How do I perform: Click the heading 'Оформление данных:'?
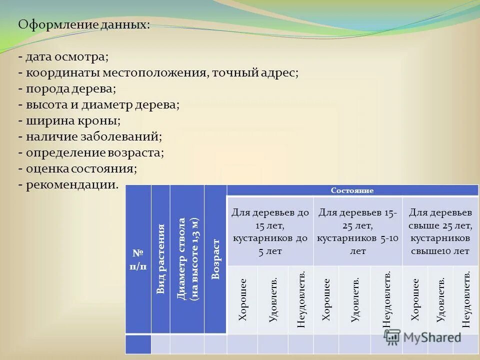[83, 24]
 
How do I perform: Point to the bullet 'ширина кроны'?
[69, 120]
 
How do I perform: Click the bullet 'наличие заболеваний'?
[90, 136]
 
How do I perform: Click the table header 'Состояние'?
[352, 190]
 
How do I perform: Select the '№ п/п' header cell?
[138, 259]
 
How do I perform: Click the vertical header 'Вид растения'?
[160, 259]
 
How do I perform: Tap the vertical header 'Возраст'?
[215, 259]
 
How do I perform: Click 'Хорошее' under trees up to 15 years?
[242, 299]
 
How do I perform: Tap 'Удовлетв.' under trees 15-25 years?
[354, 299]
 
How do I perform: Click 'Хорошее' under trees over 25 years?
[415, 299]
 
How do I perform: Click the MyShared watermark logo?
[422, 337]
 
